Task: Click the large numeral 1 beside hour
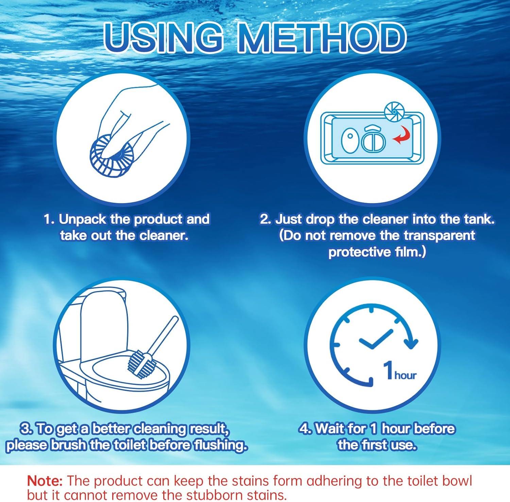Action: (388, 370)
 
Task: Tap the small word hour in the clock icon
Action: (405, 375)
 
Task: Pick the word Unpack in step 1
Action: (83, 219)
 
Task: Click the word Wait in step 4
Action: (329, 429)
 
